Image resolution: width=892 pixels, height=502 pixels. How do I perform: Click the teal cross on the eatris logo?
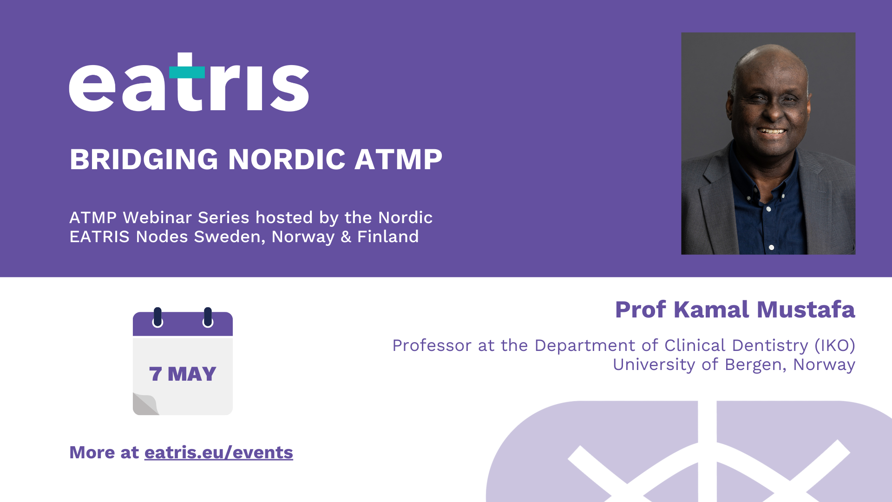(187, 72)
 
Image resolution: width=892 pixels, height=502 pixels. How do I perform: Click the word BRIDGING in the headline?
(144, 159)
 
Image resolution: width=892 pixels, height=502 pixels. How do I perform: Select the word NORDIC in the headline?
(287, 159)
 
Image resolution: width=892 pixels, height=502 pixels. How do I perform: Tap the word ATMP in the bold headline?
(399, 159)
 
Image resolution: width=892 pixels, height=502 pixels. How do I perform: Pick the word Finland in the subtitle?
(388, 237)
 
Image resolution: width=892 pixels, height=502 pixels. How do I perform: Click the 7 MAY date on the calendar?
(183, 374)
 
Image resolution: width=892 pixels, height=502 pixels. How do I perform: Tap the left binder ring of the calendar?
(157, 317)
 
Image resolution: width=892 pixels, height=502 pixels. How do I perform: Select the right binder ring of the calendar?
(208, 317)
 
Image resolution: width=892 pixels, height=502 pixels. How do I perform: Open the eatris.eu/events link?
(219, 452)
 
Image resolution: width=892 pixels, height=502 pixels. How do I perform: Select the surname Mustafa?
(806, 310)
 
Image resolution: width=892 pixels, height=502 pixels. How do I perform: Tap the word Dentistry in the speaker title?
(770, 345)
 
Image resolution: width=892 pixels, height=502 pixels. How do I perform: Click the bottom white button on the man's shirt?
(772, 247)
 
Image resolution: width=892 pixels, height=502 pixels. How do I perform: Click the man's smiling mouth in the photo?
(772, 132)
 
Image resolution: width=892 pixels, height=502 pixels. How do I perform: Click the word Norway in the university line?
(824, 365)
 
